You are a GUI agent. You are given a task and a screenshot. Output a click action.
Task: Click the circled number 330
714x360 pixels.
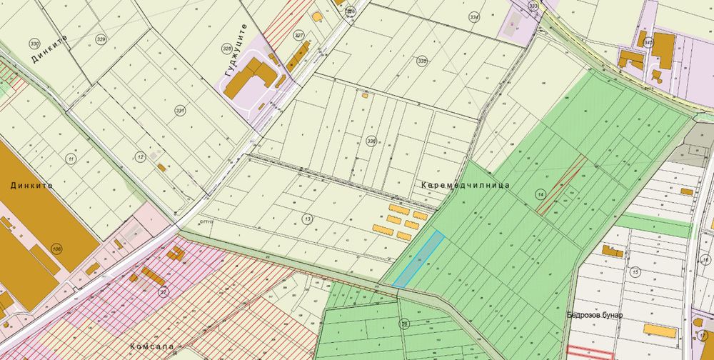(x=34, y=42)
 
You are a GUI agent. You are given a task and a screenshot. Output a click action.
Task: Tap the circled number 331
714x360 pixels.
(x=180, y=111)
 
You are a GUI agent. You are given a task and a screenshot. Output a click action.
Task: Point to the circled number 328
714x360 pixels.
(x=226, y=48)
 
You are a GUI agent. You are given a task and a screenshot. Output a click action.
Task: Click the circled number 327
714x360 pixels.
(x=298, y=34)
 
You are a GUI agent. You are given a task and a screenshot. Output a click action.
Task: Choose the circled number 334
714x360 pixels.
(x=474, y=16)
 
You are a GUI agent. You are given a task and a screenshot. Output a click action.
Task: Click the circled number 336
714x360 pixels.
(x=371, y=141)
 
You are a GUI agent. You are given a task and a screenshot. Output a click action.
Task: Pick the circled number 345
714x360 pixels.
(x=648, y=43)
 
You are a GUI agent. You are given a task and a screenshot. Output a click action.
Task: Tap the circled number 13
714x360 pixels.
(x=308, y=218)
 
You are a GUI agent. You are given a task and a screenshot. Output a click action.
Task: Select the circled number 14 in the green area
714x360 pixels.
(x=540, y=194)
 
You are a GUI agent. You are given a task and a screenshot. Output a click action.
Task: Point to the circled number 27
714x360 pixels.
(x=164, y=291)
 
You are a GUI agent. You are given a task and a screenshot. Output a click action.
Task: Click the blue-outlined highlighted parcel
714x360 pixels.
(x=419, y=259)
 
